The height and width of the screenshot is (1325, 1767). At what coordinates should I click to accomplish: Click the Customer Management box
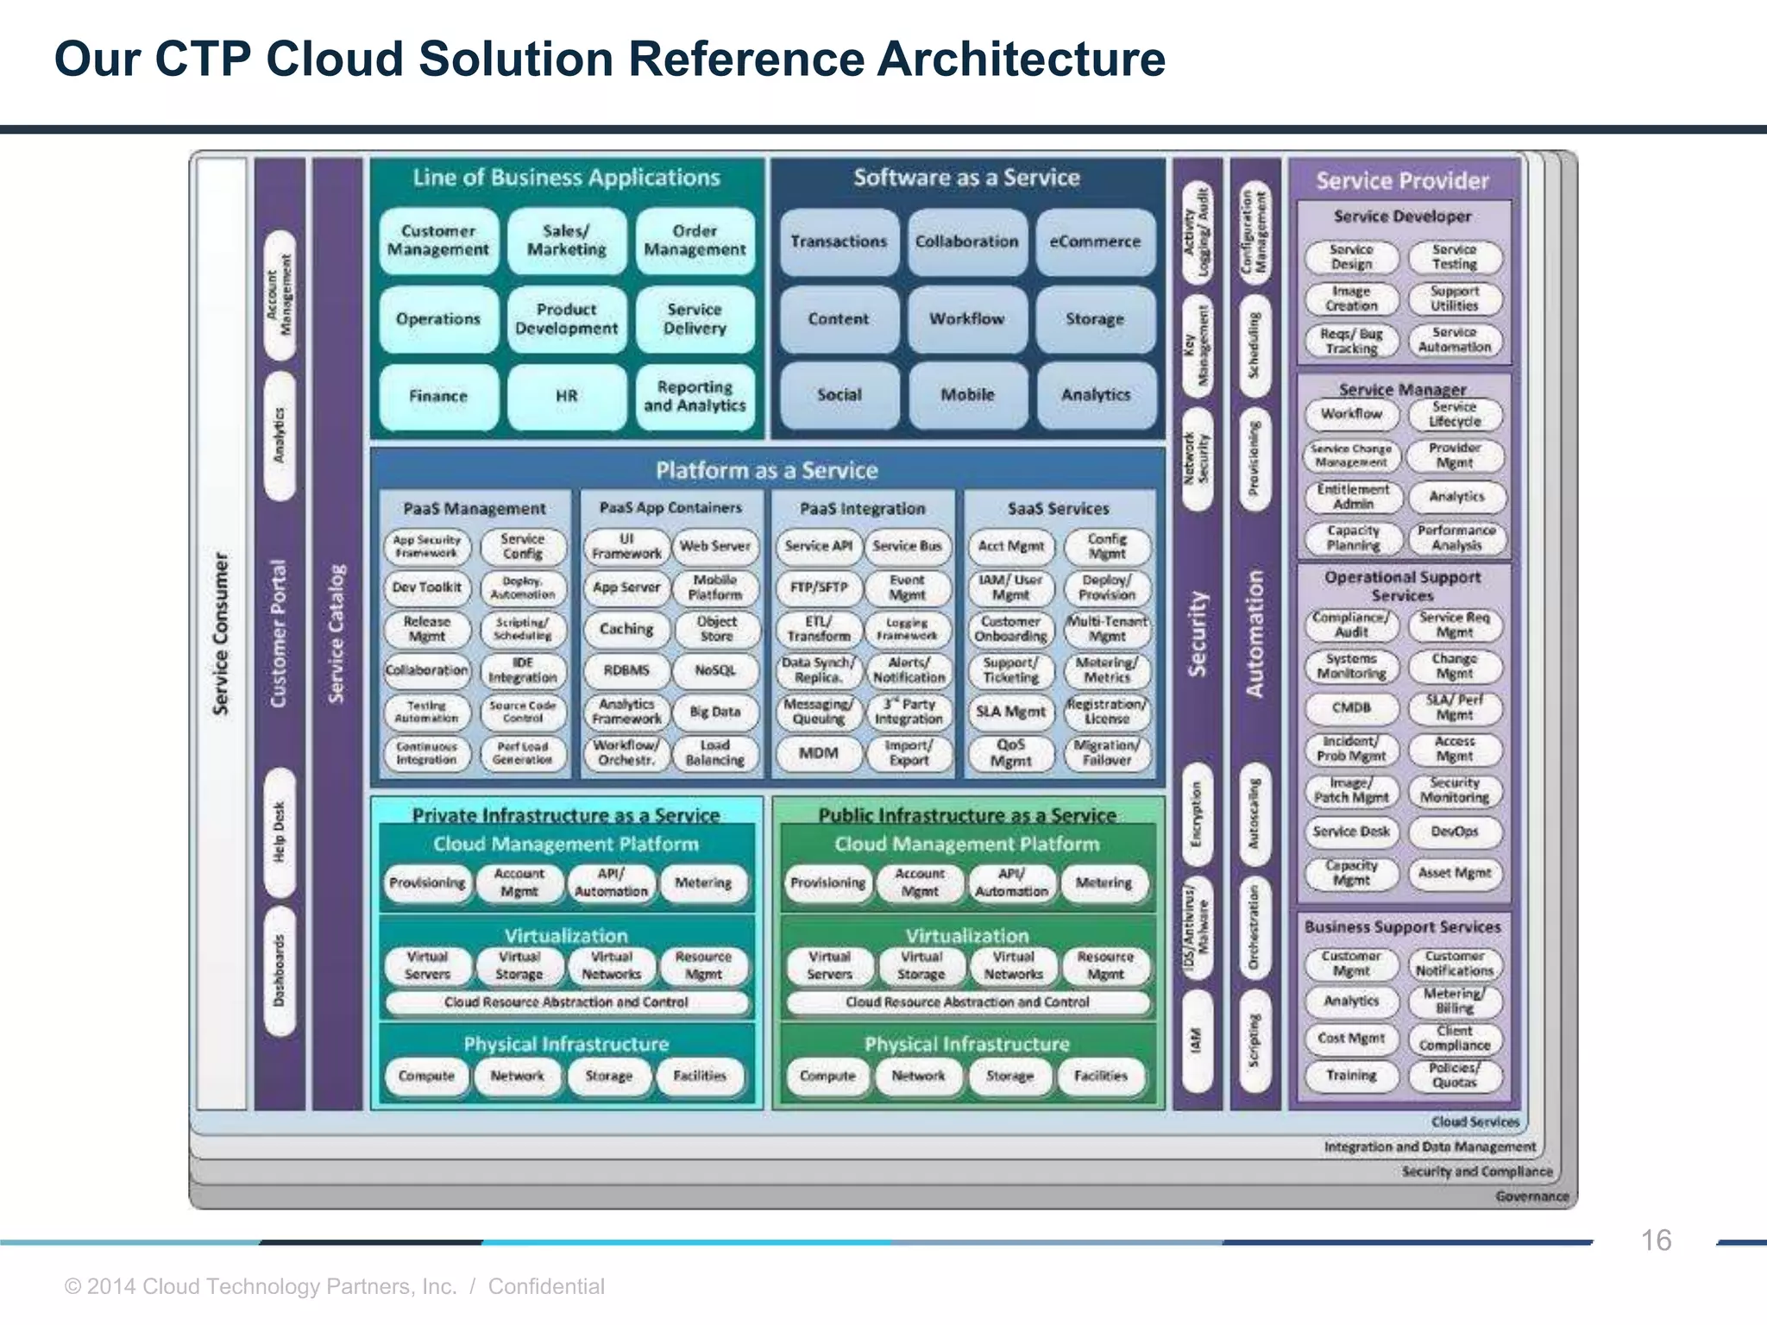(437, 241)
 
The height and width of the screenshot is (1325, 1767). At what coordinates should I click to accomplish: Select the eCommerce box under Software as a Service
(1095, 242)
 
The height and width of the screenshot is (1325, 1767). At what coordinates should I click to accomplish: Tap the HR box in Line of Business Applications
(566, 396)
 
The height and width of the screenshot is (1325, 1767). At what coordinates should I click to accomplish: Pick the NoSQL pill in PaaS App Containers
(715, 670)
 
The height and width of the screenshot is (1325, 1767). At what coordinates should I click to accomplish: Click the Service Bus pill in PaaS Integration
(907, 546)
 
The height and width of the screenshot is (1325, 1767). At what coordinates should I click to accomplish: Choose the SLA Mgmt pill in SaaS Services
(1010, 712)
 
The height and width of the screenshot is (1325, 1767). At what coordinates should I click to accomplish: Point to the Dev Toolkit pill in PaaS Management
(427, 587)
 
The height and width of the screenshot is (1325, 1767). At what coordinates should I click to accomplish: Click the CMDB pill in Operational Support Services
(1351, 707)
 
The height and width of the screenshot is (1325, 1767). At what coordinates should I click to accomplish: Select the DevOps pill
(1455, 832)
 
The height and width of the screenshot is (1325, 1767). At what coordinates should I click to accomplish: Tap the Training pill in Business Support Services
(1351, 1076)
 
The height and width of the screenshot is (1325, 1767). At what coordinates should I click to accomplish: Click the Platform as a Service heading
(766, 470)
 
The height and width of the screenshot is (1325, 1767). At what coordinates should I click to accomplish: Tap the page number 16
(1655, 1240)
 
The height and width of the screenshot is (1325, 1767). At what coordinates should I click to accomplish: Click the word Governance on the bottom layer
(1531, 1196)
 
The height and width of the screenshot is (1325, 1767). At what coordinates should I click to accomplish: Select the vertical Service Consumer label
(222, 634)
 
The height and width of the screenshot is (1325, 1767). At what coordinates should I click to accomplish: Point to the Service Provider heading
(1402, 181)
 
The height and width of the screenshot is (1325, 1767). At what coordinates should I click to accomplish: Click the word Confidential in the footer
(546, 1286)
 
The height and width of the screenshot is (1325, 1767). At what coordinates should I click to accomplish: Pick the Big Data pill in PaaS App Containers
(715, 712)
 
